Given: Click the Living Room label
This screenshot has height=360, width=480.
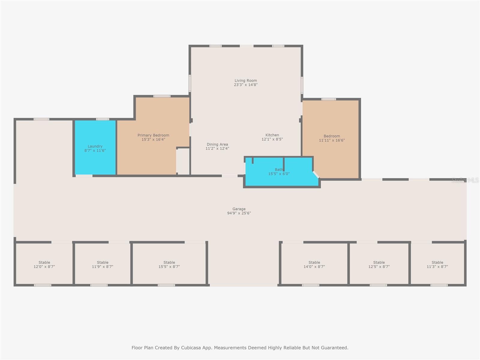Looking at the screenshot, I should (246, 80).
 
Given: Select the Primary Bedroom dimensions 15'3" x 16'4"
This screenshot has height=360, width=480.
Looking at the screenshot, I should (153, 139).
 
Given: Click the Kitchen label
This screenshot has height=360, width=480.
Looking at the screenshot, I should (272, 135).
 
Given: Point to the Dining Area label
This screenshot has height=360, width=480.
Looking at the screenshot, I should (217, 144).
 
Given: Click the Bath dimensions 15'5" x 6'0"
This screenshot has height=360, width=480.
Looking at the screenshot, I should (279, 174).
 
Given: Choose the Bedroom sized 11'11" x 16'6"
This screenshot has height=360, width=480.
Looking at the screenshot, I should (331, 138).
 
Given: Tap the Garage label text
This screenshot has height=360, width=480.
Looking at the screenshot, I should (239, 209).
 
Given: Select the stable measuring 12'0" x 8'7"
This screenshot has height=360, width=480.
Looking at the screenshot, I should (44, 264).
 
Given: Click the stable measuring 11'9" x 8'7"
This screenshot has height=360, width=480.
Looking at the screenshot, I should (103, 264).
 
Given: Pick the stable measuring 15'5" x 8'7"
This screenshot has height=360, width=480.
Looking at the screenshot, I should (169, 264).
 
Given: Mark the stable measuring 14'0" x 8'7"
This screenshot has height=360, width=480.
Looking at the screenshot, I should (314, 264).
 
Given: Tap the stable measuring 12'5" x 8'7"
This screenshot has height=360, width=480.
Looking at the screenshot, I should (379, 264).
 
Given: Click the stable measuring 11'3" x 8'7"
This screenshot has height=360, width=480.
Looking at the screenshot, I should (437, 264).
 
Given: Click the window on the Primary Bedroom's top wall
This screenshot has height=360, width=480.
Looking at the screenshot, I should (162, 96).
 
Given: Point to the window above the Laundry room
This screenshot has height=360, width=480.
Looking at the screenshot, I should (103, 119).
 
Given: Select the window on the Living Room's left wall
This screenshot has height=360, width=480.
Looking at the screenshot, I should (190, 83).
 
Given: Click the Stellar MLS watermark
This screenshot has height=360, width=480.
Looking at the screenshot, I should (465, 180).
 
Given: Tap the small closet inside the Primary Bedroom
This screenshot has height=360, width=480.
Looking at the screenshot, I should (183, 161).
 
